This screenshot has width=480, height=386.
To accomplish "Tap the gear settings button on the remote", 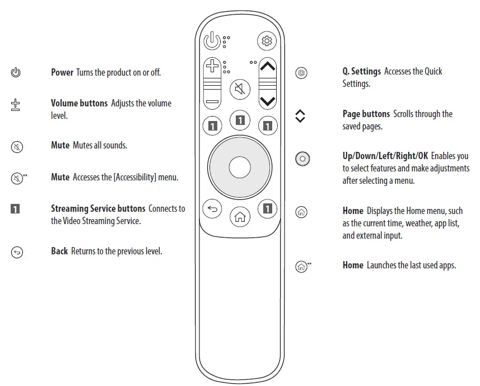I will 267,41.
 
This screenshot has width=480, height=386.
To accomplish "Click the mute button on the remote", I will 240,89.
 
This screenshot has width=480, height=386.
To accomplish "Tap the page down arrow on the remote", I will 268,101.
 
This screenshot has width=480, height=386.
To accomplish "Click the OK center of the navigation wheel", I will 240,167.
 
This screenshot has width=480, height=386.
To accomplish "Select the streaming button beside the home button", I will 268,209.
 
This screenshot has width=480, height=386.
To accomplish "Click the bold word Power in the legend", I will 62,72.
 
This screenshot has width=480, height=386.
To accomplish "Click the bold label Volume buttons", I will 80,103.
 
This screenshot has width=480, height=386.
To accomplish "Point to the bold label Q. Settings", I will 362,71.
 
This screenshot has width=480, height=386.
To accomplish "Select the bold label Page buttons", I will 366,114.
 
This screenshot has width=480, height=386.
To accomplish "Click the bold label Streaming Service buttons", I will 98,208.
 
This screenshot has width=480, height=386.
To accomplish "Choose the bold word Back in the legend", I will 59,251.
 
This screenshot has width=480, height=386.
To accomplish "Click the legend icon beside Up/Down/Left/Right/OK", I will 302,159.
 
